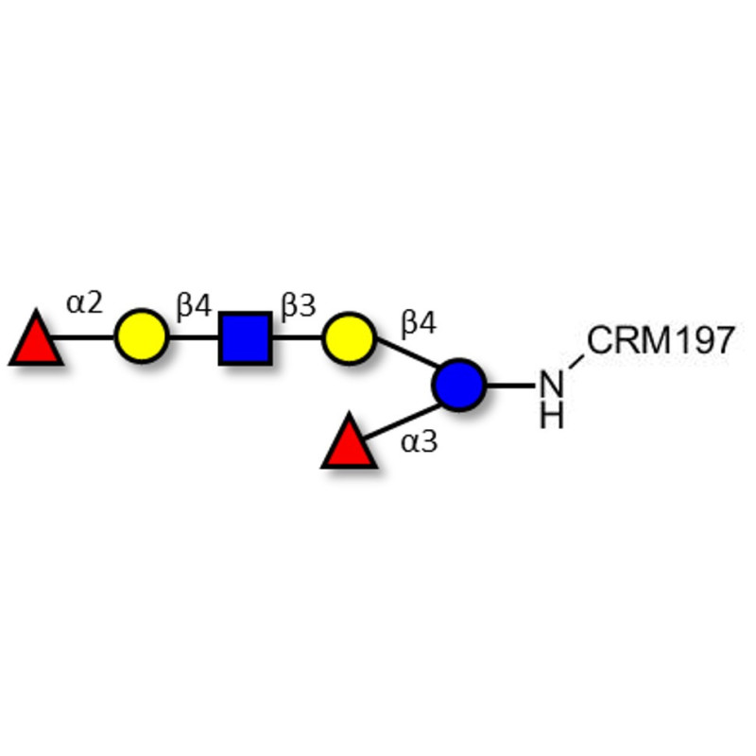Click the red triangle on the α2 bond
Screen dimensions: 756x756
(x=36, y=340)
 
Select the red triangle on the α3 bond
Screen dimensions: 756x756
(x=349, y=444)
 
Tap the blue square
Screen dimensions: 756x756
(x=246, y=336)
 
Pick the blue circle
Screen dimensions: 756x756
(x=459, y=385)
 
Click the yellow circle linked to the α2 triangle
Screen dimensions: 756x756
(x=142, y=336)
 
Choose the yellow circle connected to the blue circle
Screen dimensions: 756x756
(x=348, y=336)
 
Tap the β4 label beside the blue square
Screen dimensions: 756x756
(x=193, y=304)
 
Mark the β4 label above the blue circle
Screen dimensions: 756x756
(x=418, y=324)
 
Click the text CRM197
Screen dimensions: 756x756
(x=660, y=341)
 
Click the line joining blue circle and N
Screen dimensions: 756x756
(x=510, y=385)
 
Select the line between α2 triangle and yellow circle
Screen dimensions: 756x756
(x=87, y=336)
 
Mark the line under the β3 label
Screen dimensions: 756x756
(x=297, y=336)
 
